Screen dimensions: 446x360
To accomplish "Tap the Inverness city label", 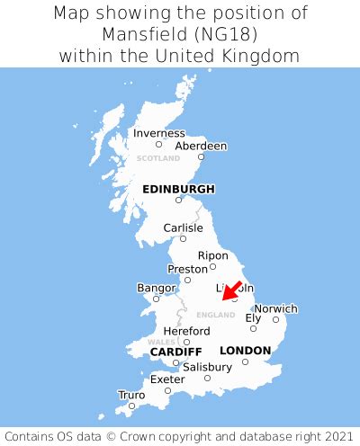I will click(158, 133).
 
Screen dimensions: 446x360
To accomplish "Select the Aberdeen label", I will click(201, 146).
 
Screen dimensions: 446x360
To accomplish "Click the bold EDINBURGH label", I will click(178, 189).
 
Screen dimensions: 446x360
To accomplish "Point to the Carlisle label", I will click(183, 227).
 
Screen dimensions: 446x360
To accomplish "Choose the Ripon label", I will click(213, 254).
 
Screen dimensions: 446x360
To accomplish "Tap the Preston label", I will click(188, 269).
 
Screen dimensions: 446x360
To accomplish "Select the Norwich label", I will click(275, 308).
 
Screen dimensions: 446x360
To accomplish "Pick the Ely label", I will click(254, 317).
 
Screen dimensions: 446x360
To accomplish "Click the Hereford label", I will click(186, 331).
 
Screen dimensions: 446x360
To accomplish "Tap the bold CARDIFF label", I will click(175, 351).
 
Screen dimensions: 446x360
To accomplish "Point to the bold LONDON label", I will click(245, 350).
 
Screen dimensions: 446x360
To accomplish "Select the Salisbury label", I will click(207, 367).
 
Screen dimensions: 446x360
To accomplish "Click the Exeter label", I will click(167, 379).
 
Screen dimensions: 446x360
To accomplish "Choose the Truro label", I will click(131, 395).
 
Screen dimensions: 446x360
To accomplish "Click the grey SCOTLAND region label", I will click(158, 158).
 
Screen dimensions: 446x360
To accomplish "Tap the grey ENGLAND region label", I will click(215, 315).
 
